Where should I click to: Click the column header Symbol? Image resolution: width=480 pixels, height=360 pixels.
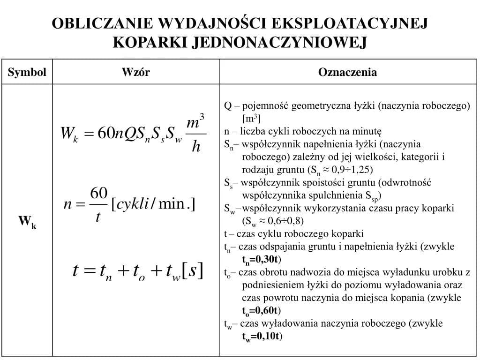(27, 72)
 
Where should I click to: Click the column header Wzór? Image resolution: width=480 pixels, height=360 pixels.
(135, 72)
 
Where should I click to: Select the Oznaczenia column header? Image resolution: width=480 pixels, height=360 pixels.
(347, 72)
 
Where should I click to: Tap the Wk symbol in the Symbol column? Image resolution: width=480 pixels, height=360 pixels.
(27, 222)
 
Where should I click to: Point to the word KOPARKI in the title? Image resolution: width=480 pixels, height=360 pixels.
(150, 43)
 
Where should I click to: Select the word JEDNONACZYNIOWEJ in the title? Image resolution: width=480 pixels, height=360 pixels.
(278, 43)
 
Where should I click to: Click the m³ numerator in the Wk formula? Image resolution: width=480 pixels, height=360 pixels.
(195, 123)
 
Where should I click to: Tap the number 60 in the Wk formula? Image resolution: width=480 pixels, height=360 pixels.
(105, 134)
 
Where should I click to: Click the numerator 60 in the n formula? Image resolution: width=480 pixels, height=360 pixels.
(99, 193)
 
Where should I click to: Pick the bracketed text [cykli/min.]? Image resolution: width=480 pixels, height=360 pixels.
(153, 204)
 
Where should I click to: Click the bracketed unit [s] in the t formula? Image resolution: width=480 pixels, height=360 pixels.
(192, 270)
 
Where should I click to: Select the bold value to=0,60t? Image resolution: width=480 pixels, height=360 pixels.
(261, 311)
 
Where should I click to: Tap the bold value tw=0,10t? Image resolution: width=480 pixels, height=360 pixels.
(262, 336)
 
